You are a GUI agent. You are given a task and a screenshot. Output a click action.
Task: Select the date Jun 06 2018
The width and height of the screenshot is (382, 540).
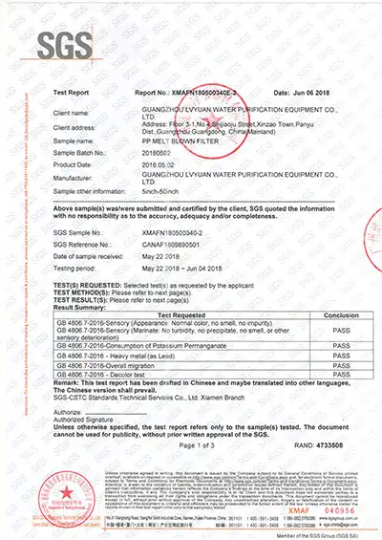point(307,94)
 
